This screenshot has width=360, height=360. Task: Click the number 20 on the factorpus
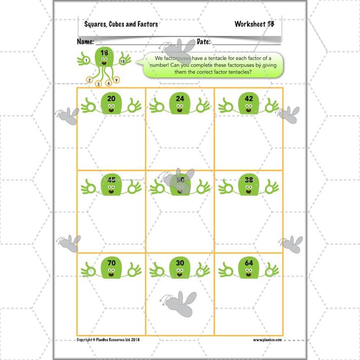112,99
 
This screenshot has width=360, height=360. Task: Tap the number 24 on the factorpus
180,99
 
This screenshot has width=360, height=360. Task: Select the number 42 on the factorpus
249,99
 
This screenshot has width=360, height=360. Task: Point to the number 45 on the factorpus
112,180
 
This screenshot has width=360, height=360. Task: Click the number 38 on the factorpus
249,180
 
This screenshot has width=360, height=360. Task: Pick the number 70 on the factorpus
112,262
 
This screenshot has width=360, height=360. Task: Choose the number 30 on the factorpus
180,262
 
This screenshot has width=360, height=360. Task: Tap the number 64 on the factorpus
249,262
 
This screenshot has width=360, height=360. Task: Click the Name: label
85,42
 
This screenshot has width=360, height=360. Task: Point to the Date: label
204,42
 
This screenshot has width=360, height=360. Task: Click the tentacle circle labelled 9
116,80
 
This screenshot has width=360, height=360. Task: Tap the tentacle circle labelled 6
108,83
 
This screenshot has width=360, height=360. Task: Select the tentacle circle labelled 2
90,81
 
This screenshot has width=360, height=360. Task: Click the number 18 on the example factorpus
104,53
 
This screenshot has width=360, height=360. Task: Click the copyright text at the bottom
108,340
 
